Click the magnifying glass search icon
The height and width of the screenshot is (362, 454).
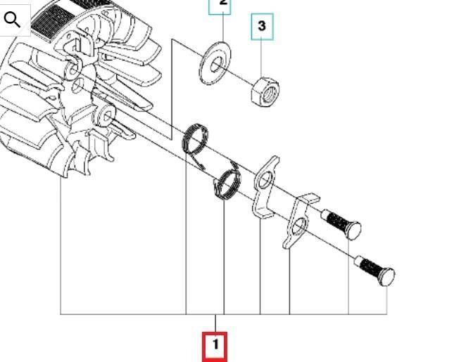tap(12, 20)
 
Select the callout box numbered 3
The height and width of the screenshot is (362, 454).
tap(262, 26)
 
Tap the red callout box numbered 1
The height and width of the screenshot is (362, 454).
tap(215, 347)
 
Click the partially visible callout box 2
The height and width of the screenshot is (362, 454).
tap(220, 6)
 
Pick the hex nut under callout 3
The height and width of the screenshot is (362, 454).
tap(265, 91)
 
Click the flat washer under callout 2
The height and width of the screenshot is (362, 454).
tap(216, 63)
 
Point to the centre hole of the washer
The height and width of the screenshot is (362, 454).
tap(216, 64)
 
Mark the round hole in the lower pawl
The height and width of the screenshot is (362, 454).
tap(299, 226)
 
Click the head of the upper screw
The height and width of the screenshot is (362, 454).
tap(354, 230)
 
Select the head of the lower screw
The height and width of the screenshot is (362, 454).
tap(387, 277)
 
